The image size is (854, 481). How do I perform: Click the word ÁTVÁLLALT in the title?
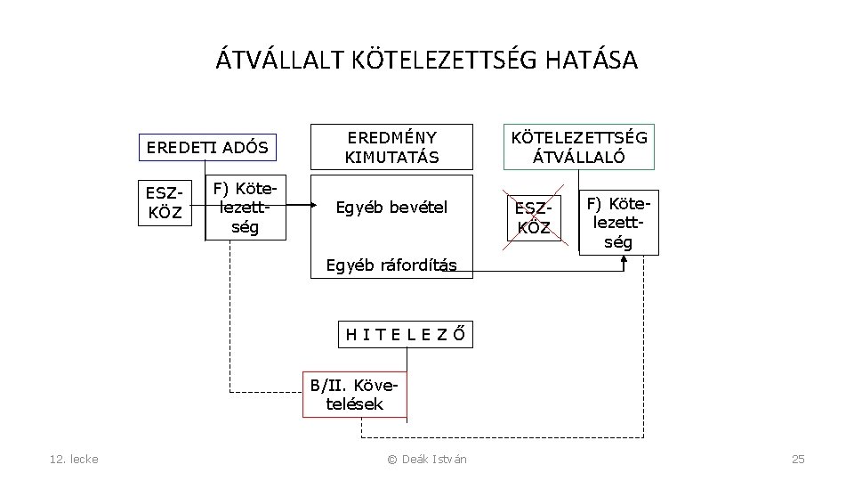pos(272,61)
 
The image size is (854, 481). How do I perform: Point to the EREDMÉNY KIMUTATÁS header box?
pos(391,147)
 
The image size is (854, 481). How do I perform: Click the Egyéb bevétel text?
pos(391,208)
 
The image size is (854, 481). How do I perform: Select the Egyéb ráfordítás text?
pos(391,265)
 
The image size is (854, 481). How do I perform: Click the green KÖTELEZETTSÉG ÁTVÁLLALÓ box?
pos(577,147)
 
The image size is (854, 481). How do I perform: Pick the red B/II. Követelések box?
pos(355,395)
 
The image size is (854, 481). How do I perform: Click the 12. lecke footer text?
pos(75,459)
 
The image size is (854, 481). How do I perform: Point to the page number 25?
pos(798,459)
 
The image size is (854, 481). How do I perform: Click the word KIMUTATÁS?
pos(391,158)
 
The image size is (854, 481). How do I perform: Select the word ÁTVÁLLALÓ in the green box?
pos(577,158)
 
